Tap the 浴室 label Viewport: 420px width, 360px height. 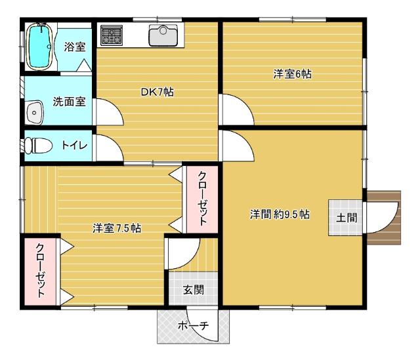[x=75, y=47]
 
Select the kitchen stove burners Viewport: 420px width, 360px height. [x=112, y=35]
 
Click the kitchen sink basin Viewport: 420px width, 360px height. [x=162, y=35]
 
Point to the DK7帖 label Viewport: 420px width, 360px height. [x=157, y=92]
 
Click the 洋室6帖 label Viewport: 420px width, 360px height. [x=292, y=74]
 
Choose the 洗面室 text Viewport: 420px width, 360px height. [x=69, y=102]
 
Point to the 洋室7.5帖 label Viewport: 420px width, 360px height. [x=117, y=228]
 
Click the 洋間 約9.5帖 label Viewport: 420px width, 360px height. [x=280, y=214]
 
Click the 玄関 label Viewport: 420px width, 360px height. [x=192, y=289]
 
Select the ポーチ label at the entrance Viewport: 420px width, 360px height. [x=194, y=325]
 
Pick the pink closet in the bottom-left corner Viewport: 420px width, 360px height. [x=39, y=271]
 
